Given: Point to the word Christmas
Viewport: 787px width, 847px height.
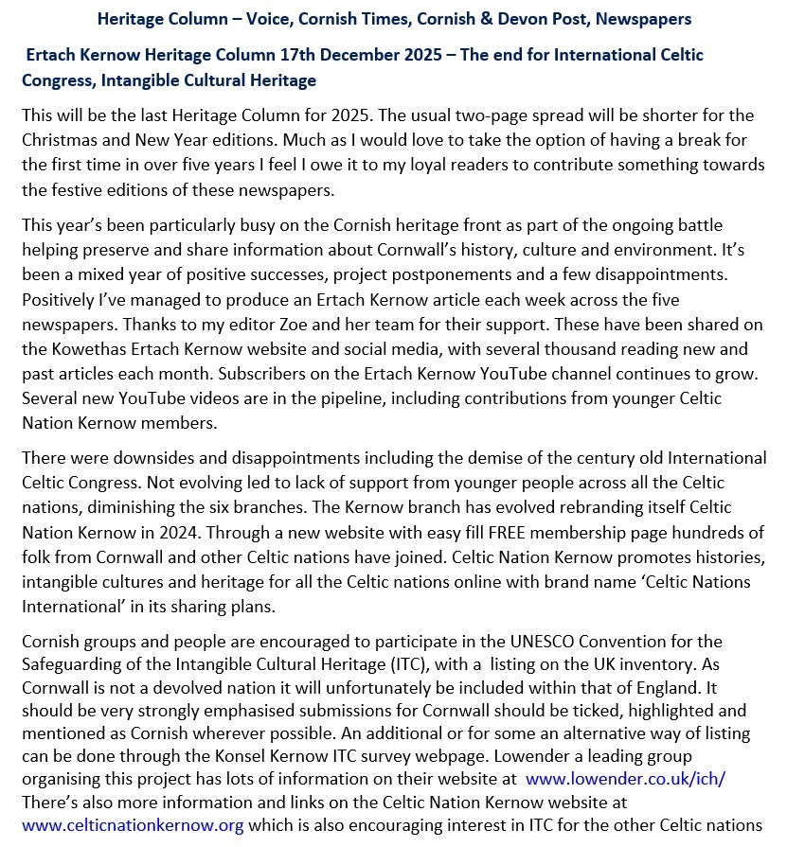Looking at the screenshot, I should click(58, 140).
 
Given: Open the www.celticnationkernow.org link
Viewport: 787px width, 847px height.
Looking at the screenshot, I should click(133, 824).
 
